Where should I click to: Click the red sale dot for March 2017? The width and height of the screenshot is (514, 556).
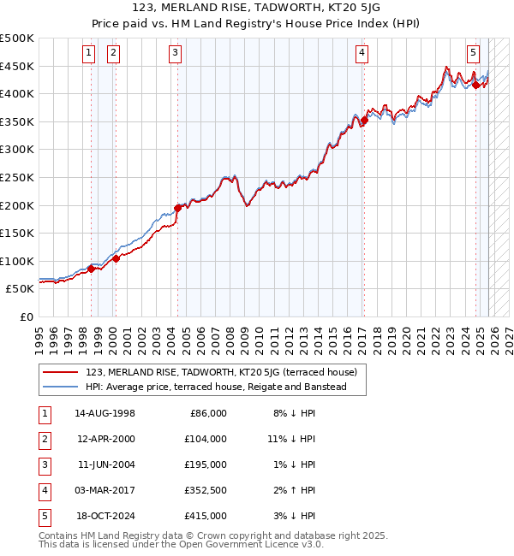point(364,121)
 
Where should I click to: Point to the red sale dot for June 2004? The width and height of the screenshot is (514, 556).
point(178,208)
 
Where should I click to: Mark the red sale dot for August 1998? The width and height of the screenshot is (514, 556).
point(92,269)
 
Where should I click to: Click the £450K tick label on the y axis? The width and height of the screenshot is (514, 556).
point(17,66)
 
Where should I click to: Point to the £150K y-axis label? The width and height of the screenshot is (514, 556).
point(17,233)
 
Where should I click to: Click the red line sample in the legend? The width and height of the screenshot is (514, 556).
point(61,372)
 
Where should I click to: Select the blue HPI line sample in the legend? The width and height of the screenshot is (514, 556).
point(61,387)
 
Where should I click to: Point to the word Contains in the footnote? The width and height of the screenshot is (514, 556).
point(61,535)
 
